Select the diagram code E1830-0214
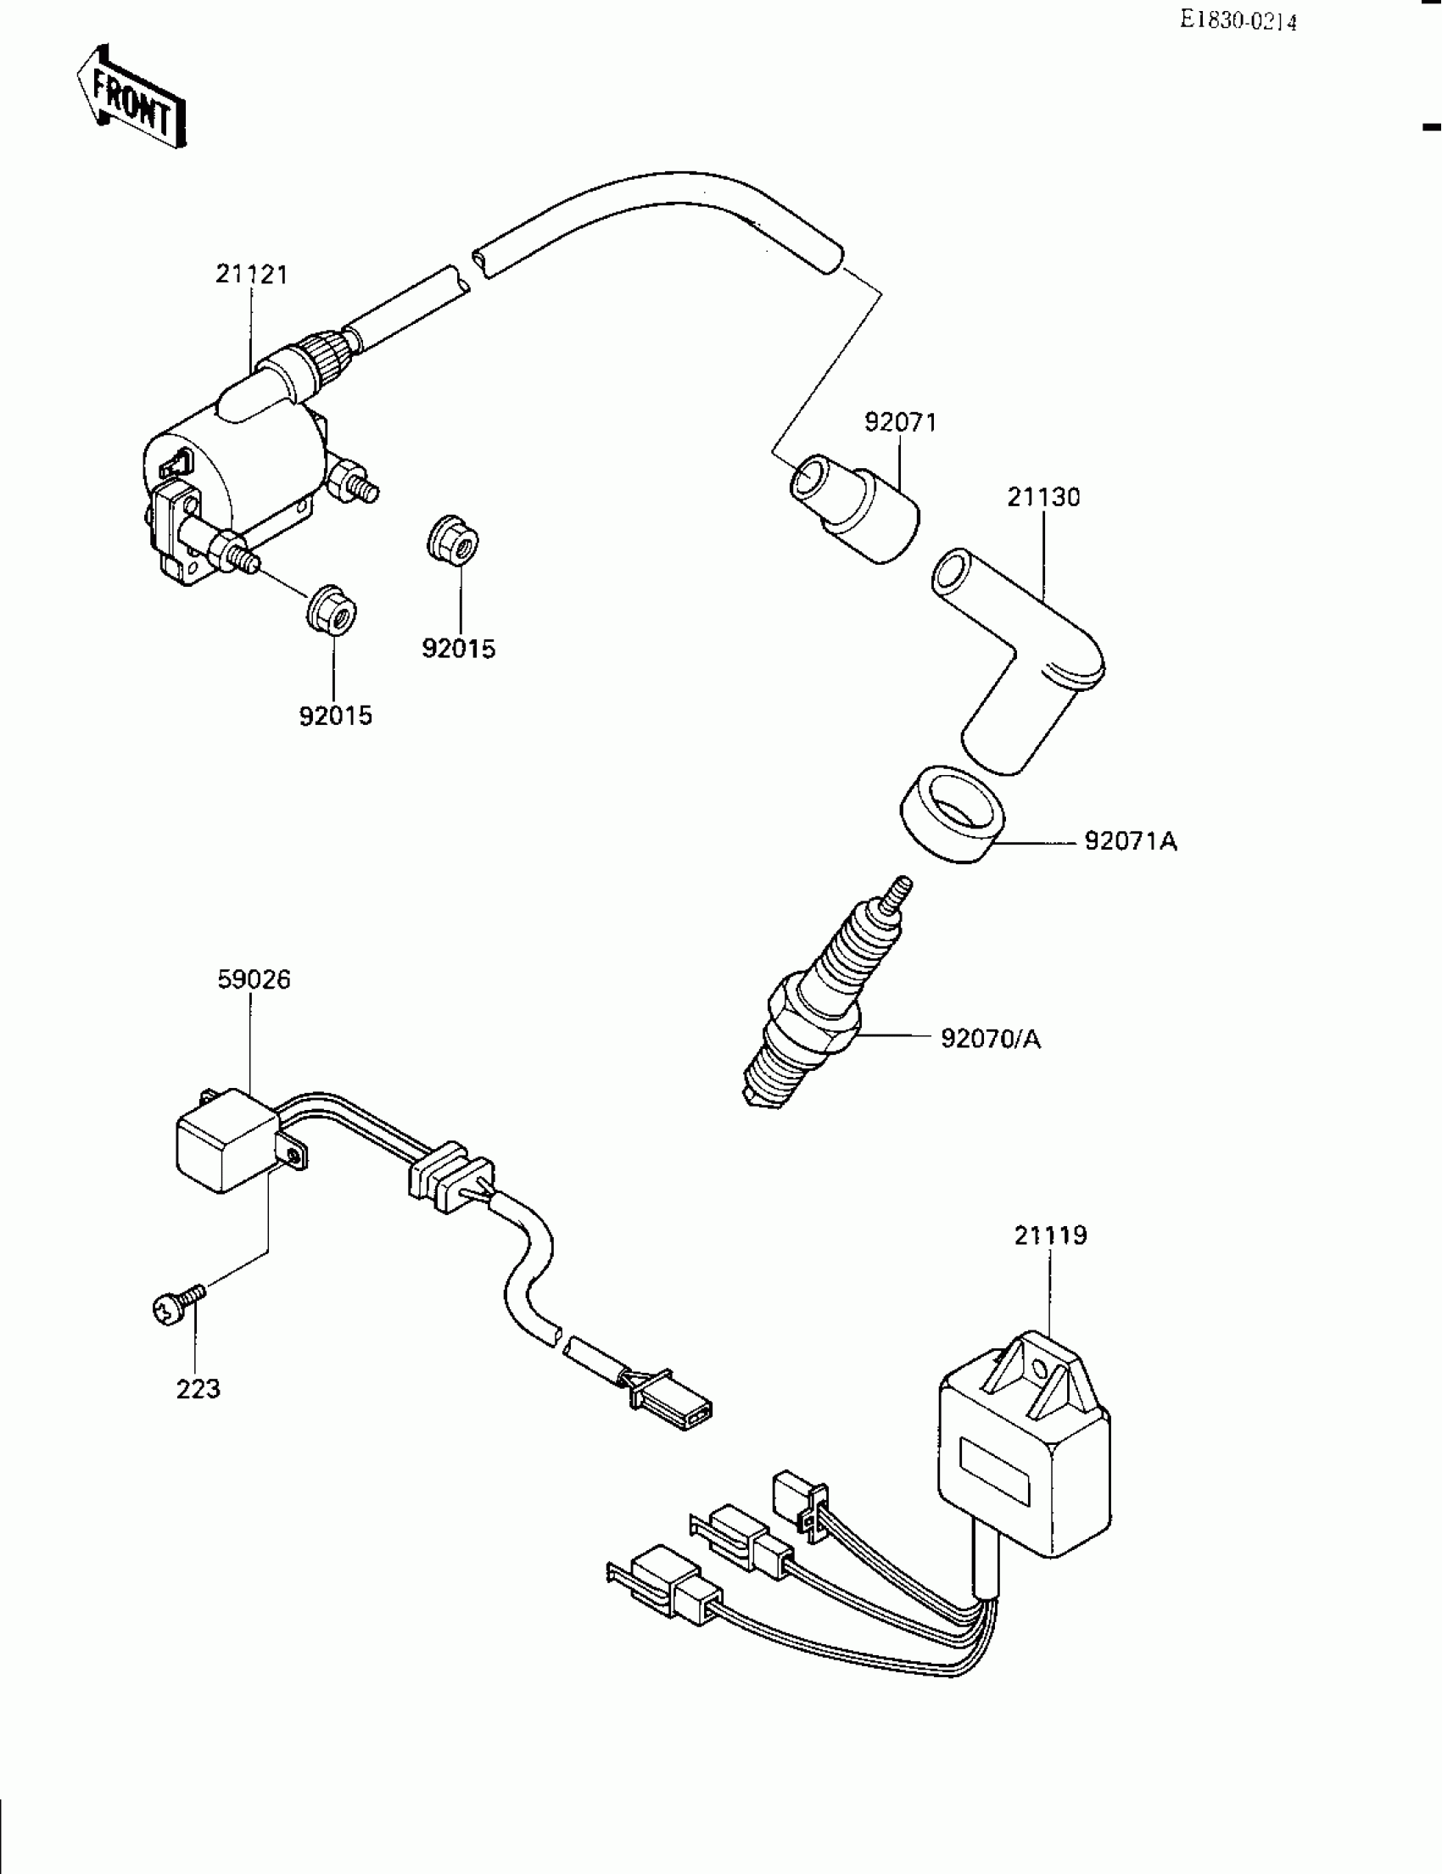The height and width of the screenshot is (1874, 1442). [1237, 20]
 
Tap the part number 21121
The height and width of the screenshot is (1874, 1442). [251, 275]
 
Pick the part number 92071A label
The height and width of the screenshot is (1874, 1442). [1131, 842]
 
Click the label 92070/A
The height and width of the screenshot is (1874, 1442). [991, 1039]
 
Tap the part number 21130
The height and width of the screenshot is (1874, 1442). [1042, 498]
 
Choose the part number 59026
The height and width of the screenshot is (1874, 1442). [254, 979]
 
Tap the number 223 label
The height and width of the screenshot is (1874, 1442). [198, 1389]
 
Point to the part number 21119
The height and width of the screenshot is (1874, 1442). [1050, 1235]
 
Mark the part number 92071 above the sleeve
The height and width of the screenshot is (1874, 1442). [900, 422]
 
